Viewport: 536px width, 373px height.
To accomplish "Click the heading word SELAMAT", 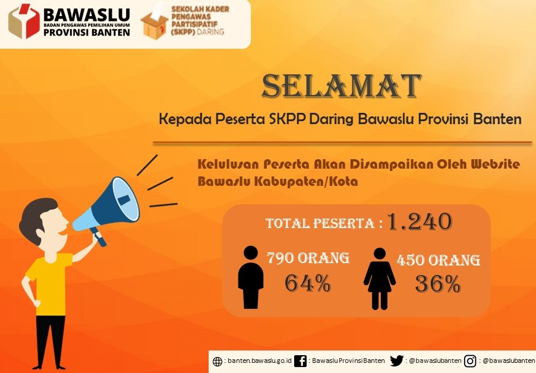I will pyautogui.click(x=341, y=87).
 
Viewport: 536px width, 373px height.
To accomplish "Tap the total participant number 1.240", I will pyautogui.click(x=420, y=222).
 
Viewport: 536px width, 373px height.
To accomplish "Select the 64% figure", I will pyautogui.click(x=307, y=283).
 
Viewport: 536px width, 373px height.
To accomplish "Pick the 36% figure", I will pyautogui.click(x=438, y=285).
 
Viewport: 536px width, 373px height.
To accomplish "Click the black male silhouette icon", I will pyautogui.click(x=251, y=277).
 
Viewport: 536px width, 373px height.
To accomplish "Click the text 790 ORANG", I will pyautogui.click(x=308, y=258).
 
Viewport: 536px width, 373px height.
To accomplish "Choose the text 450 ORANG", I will pyautogui.click(x=439, y=260).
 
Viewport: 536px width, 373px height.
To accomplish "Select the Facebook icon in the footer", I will pyautogui.click(x=301, y=361).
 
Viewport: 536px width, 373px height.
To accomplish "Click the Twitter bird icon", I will pyautogui.click(x=396, y=361).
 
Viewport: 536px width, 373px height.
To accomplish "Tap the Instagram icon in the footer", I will pyautogui.click(x=470, y=361).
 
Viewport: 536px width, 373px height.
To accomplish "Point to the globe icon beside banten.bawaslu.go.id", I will pyautogui.click(x=217, y=361).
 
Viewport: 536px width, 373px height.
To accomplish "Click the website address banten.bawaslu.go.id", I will pyautogui.click(x=260, y=361).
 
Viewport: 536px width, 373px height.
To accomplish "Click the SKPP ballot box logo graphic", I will pyautogui.click(x=155, y=23).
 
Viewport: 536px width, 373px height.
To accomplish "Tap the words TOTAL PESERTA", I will pyautogui.click(x=320, y=224).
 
